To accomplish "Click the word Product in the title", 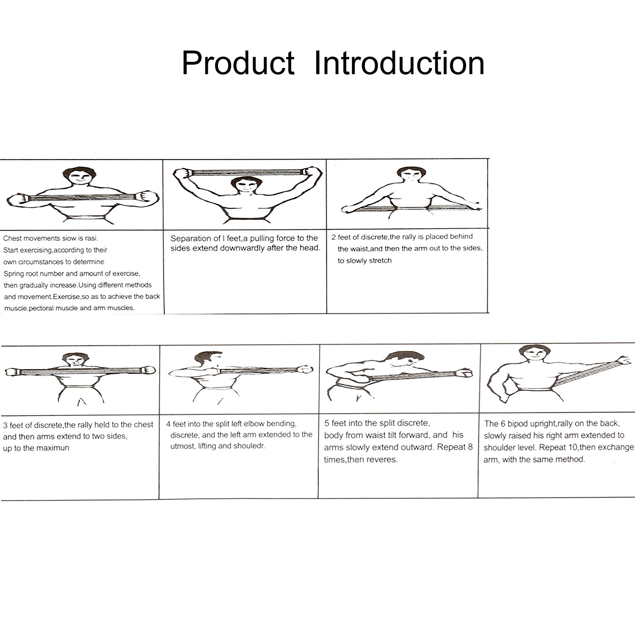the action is click(238, 63).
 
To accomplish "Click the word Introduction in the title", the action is click(399, 63).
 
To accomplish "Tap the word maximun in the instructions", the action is click(53, 448).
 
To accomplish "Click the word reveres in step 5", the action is click(384, 459).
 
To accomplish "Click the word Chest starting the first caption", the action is click(11, 238).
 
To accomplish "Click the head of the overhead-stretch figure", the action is click(243, 187).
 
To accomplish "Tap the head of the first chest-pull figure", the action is click(79, 177).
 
